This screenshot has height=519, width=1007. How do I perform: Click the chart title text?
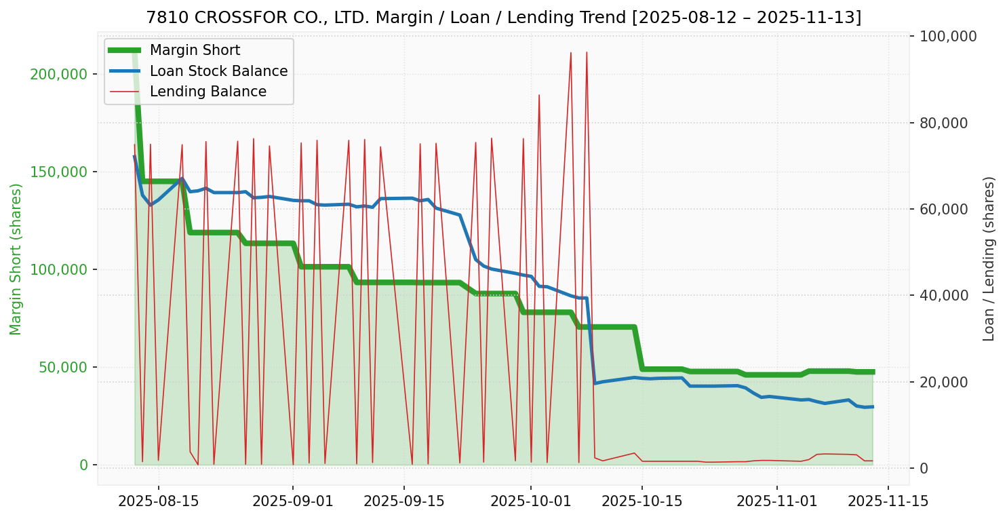pyautogui.click(x=503, y=18)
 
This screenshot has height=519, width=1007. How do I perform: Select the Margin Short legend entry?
pyautogui.click(x=195, y=50)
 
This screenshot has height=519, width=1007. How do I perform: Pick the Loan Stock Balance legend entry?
pyautogui.click(x=218, y=71)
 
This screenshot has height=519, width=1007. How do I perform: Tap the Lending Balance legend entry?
pyautogui.click(x=208, y=92)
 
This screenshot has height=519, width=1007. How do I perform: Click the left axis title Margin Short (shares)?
pyautogui.click(x=16, y=259)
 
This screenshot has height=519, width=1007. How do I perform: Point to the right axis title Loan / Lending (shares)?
pyautogui.click(x=989, y=258)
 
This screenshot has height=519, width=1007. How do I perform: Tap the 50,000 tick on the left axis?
pyautogui.click(x=66, y=367)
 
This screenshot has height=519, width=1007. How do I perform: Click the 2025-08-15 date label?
pyautogui.click(x=158, y=501)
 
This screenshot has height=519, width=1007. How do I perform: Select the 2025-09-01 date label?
pyautogui.click(x=292, y=501)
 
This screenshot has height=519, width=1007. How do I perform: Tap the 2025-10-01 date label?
pyautogui.click(x=530, y=501)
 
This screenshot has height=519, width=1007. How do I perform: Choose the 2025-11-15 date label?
pyautogui.click(x=888, y=501)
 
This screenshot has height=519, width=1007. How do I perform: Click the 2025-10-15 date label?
pyautogui.click(x=641, y=501)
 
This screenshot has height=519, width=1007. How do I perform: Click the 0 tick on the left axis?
pyautogui.click(x=84, y=465)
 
